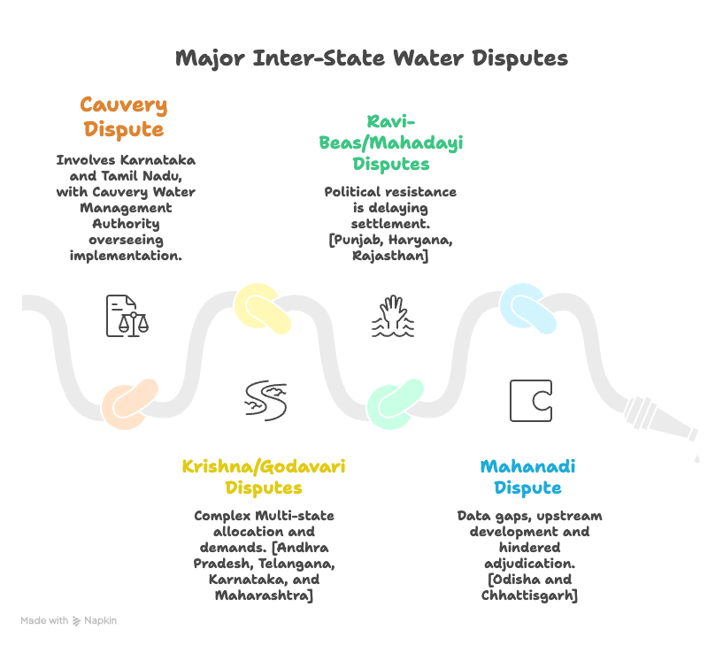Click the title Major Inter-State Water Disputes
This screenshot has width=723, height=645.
click(371, 58)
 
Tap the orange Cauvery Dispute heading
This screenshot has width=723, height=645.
click(123, 118)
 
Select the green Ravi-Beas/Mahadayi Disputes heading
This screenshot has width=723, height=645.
click(390, 142)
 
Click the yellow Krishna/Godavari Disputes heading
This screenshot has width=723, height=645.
click(264, 477)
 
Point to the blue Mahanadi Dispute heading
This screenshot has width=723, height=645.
click(527, 477)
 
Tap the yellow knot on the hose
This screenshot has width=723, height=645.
click(263, 308)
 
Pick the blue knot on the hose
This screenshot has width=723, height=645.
click(527, 308)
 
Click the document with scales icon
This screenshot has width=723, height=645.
click(127, 316)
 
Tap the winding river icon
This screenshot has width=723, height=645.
click(265, 401)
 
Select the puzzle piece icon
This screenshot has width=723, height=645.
click(530, 401)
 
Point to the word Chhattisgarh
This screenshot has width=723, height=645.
click(529, 595)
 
